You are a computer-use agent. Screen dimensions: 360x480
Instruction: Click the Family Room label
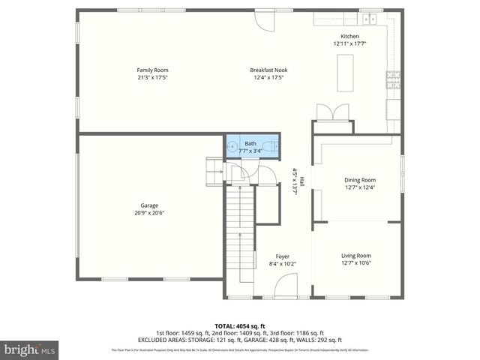coord(152,70)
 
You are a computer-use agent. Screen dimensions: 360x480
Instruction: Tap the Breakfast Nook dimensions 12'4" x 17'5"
coord(268,77)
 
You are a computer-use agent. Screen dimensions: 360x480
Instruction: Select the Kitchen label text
coord(349,37)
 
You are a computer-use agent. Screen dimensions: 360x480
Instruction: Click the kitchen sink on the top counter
coord(368,19)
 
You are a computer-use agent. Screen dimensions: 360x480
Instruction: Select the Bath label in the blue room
coord(250,143)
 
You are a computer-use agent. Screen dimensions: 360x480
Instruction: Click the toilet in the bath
coord(274,146)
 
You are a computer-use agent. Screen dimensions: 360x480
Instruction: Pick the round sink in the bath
coord(232,147)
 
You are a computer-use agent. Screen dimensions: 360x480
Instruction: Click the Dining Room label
coord(359,180)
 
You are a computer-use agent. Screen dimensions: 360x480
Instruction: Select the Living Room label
coord(356,256)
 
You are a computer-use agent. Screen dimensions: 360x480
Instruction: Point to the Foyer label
coord(282,256)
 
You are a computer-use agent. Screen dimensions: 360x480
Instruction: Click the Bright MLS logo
coord(30,349)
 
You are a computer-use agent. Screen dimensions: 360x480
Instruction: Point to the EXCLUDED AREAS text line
coord(239,340)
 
